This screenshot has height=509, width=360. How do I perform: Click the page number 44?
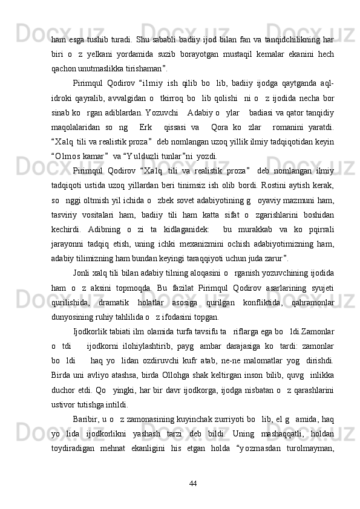pos(193,483)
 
